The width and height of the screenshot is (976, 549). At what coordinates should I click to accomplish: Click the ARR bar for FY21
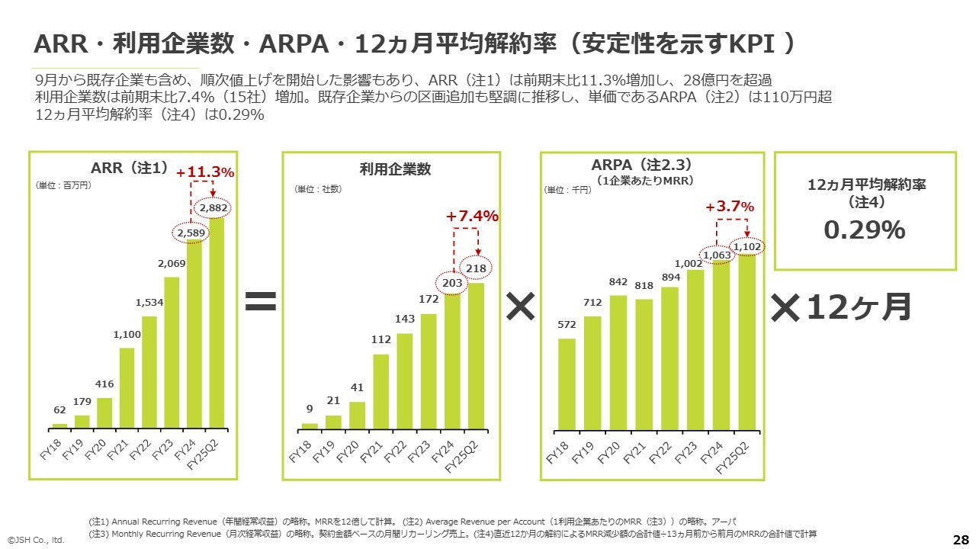click(x=127, y=388)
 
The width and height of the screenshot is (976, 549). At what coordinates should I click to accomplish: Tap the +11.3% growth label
click(x=205, y=172)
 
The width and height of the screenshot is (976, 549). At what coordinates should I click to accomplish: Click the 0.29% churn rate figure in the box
click(x=865, y=230)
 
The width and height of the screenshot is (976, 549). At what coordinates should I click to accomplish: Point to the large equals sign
click(x=260, y=304)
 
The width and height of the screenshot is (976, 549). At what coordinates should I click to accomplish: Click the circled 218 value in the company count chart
click(x=477, y=268)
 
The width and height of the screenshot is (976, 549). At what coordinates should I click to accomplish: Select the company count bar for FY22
click(x=405, y=381)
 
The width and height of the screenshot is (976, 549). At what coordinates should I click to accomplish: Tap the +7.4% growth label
click(x=473, y=217)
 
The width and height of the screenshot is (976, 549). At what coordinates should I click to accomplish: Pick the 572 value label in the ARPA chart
click(x=567, y=325)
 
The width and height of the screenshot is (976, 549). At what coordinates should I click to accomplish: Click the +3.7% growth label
click(x=730, y=207)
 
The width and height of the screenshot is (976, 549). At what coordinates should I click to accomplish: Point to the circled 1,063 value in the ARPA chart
click(x=718, y=255)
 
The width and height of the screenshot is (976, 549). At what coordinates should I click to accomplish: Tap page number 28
click(x=961, y=539)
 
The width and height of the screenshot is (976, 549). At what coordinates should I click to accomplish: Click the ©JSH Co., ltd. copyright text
click(x=37, y=540)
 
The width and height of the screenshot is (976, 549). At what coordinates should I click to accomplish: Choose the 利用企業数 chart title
click(x=395, y=169)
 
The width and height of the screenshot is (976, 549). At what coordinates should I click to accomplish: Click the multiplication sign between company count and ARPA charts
click(x=520, y=307)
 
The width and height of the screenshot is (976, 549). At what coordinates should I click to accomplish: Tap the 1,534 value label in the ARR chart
click(x=149, y=303)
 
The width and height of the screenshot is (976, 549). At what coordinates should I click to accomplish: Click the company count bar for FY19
click(x=333, y=422)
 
